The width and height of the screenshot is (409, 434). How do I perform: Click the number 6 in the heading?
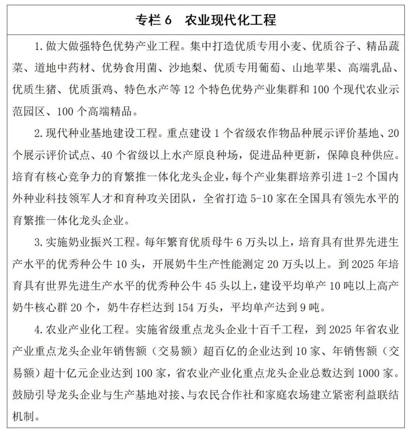pyautogui.click(x=167, y=20)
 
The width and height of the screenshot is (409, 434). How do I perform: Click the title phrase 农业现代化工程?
pyautogui.click(x=230, y=20)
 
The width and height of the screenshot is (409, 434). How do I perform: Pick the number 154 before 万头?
pyautogui.click(x=185, y=308)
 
